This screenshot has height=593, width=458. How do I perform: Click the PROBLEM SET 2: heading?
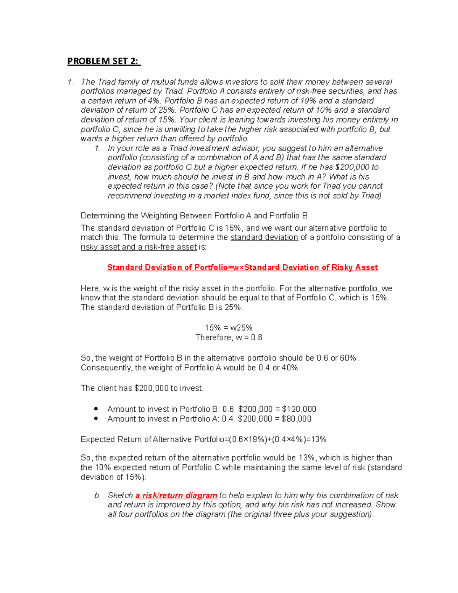click(x=104, y=61)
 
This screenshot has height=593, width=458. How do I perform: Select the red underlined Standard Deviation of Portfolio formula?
click(x=242, y=267)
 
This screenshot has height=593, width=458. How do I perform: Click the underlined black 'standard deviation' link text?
click(x=264, y=238)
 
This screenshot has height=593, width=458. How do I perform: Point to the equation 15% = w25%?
click(x=229, y=328)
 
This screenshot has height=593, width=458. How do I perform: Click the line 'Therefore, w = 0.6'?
click(x=229, y=338)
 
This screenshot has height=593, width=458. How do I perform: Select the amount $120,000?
click(x=299, y=409)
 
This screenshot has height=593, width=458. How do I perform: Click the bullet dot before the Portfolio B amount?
click(x=96, y=409)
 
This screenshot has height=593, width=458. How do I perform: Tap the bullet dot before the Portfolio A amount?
click(x=96, y=418)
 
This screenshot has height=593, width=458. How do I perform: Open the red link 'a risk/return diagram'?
click(x=176, y=496)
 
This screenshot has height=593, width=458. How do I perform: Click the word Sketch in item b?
click(x=120, y=496)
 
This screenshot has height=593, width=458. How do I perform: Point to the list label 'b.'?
click(x=98, y=496)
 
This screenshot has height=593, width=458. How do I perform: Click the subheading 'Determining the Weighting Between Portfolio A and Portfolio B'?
click(x=194, y=216)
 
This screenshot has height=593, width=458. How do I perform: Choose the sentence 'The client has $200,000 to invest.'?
click(x=142, y=388)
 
